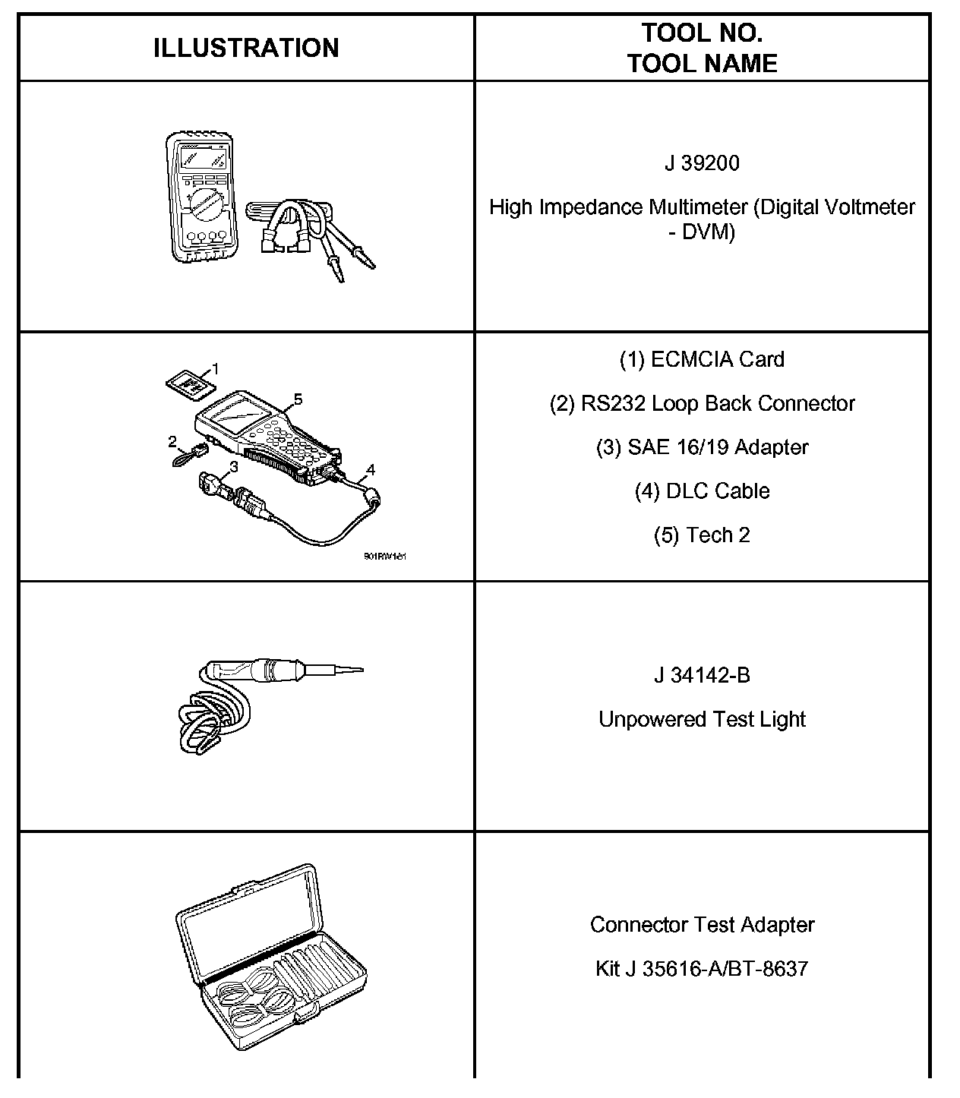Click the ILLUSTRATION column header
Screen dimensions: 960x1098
tap(246, 48)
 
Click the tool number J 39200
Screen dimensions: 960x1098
tap(702, 163)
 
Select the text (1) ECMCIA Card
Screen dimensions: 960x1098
tap(702, 359)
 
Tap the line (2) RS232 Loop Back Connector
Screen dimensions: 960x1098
tap(702, 403)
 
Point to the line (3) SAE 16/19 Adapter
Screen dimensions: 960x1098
tap(702, 447)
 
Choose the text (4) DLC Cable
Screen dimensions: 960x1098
tap(702, 491)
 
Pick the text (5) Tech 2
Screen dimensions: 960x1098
tap(702, 535)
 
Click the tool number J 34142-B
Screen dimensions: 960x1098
tap(702, 675)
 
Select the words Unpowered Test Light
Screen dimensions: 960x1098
tap(702, 719)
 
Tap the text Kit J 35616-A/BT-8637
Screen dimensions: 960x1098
tap(702, 969)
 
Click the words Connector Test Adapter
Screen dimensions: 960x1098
tap(702, 925)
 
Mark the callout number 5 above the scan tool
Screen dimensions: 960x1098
tap(298, 398)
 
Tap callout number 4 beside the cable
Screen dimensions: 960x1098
tap(370, 470)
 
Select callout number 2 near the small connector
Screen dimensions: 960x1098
tap(172, 440)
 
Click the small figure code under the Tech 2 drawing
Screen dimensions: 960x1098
tap(385, 557)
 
